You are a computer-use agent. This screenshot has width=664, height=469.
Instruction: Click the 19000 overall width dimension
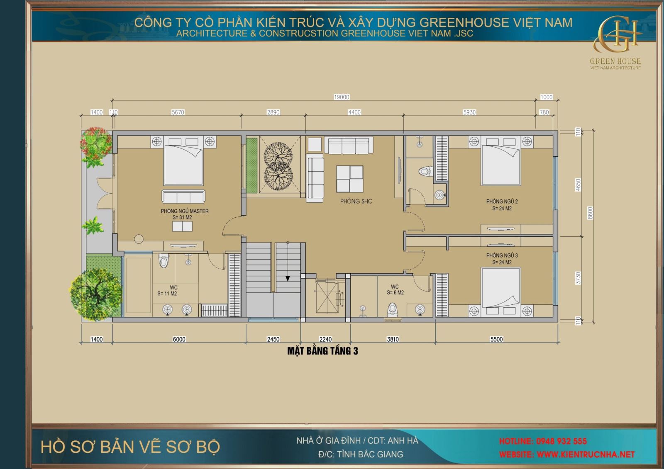coord(342,97)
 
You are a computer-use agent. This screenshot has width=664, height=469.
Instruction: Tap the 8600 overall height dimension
coord(590,213)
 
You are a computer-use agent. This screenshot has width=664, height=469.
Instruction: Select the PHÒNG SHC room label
coord(356,201)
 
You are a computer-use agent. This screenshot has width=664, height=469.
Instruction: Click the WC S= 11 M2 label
coord(168,290)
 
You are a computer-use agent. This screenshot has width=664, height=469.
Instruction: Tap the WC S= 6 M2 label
coord(395,289)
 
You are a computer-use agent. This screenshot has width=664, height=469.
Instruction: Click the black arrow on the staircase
coord(288,279)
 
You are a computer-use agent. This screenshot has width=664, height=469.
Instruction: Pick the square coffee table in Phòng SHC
coord(349,179)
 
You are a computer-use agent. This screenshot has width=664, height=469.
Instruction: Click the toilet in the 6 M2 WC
coord(392,310)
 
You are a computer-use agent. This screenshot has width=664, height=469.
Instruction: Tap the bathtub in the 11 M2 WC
coord(138,285)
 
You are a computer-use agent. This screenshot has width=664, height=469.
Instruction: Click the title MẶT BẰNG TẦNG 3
coord(322,351)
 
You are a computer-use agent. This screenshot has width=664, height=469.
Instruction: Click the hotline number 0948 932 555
coord(561,441)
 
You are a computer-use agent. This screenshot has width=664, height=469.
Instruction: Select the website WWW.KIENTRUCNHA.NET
coord(586,454)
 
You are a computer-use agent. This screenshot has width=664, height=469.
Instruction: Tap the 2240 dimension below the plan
coord(325,339)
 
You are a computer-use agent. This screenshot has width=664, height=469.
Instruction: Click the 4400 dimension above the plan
coord(354,112)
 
